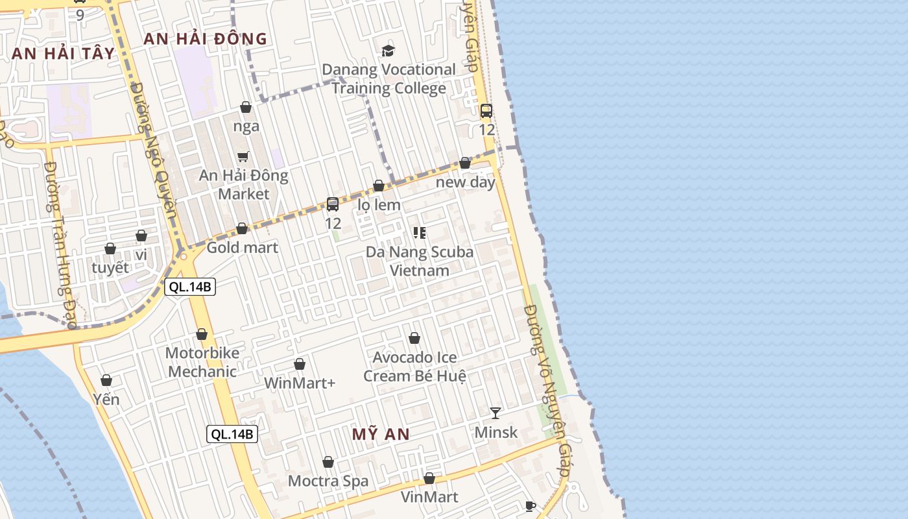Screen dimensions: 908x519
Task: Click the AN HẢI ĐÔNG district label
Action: [205, 39]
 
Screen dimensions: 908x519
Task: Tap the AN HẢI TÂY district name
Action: [63, 54]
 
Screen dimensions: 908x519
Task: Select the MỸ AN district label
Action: [381, 435]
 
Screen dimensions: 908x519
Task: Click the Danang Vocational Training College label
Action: [388, 78]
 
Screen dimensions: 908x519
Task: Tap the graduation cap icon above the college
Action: [388, 51]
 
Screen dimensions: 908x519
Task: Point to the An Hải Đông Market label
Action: [243, 184]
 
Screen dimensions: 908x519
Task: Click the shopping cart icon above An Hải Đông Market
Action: [243, 156]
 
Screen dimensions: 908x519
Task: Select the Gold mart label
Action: [242, 247]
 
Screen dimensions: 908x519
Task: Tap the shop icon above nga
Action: [246, 107]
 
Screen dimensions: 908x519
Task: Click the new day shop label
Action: [465, 182]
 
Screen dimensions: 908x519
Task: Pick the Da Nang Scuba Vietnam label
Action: [420, 261]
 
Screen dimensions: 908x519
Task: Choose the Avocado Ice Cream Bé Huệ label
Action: [414, 367]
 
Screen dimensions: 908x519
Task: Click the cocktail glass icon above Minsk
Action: [496, 413]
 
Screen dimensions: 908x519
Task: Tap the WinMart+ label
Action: [300, 383]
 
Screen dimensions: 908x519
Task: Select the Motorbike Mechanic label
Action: [202, 362]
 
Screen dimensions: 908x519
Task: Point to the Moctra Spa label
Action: [328, 481]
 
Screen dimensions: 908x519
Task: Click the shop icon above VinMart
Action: [429, 479]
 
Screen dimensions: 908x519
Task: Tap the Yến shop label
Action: [106, 399]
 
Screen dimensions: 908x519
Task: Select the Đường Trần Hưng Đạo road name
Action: [58, 243]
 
